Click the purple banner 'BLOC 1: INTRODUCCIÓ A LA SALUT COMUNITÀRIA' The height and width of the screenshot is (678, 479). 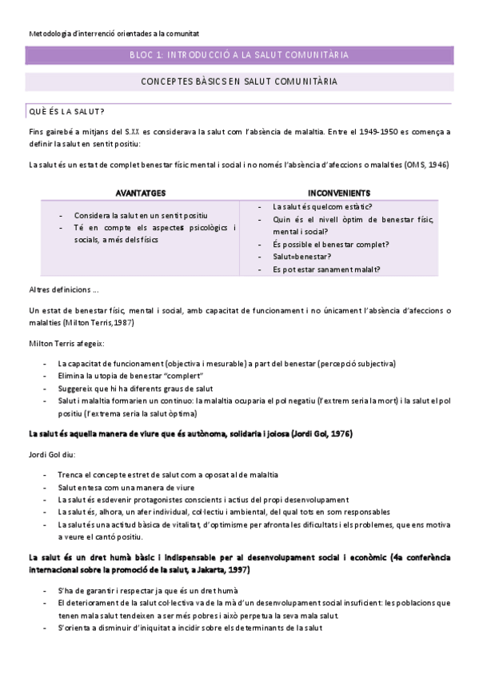[238, 55]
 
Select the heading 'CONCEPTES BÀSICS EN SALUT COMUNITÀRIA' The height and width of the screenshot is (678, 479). [238, 82]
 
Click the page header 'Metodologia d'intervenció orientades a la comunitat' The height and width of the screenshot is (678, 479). [114, 34]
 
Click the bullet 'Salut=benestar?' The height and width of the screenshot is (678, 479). [300, 256]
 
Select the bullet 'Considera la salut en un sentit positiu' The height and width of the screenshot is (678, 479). [141, 216]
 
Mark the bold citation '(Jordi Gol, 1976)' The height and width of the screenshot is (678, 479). [317, 433]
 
